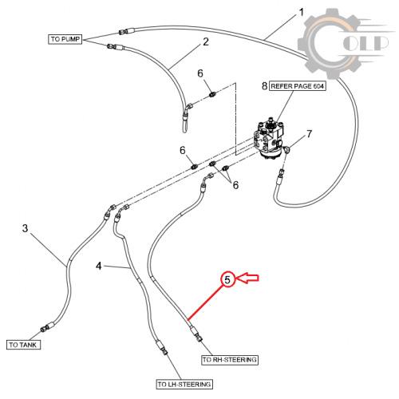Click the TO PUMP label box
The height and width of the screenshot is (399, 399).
65,39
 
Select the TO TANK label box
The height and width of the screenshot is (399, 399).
23,345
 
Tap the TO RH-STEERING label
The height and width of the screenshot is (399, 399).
230,360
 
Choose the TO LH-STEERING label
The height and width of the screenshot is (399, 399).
184,384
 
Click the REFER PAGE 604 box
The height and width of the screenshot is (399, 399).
298,86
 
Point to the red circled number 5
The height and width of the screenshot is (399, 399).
227,279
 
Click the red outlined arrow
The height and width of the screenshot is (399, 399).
247,278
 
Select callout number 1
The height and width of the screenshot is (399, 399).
301,12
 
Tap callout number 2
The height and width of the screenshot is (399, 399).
206,41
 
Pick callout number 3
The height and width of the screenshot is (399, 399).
25,228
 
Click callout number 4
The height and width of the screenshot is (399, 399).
99,266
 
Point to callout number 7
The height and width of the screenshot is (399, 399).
309,134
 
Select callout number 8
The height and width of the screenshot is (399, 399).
264,86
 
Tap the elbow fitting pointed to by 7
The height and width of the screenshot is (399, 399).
286,150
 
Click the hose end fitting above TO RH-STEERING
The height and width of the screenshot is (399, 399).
196,334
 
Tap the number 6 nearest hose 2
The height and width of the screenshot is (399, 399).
200,73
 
